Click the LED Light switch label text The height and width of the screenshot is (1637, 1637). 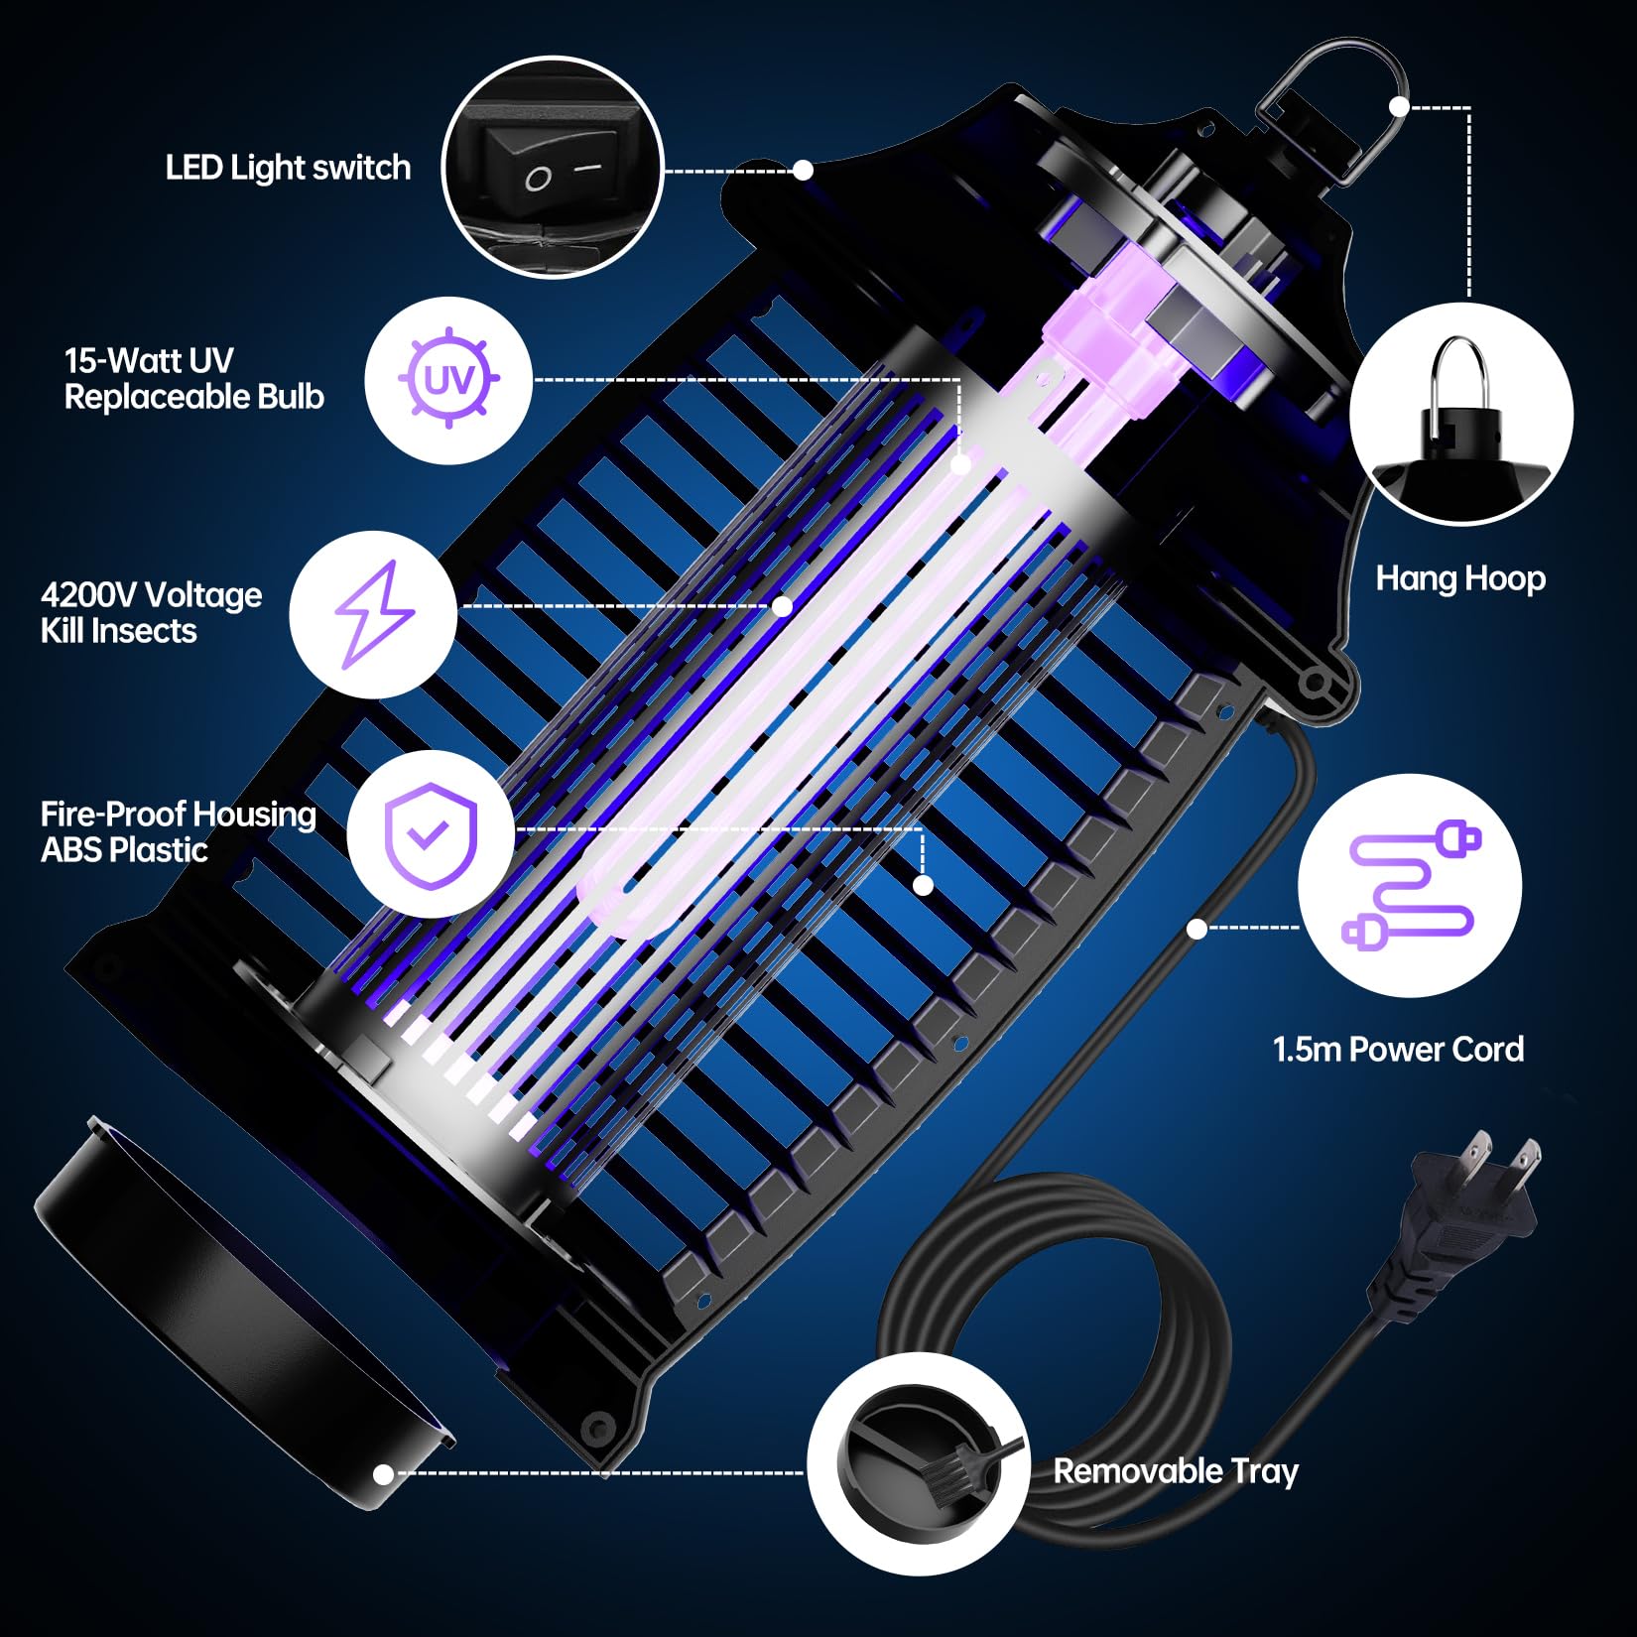pyautogui.click(x=288, y=168)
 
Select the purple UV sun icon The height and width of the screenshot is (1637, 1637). pyautogui.click(x=448, y=380)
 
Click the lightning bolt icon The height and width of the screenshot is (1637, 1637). pyautogui.click(x=373, y=614)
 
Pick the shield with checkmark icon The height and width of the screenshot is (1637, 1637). pyautogui.click(x=431, y=832)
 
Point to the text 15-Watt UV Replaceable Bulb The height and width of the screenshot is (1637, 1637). pyautogui.click(x=193, y=379)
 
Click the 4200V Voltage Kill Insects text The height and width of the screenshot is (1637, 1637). pyautogui.click(x=151, y=612)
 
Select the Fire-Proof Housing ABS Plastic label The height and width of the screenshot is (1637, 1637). pyautogui.click(x=178, y=831)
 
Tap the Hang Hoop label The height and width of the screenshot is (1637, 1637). pyautogui.click(x=1459, y=578)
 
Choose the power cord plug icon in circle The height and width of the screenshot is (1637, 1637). pyautogui.click(x=1410, y=885)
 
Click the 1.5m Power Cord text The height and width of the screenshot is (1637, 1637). pyautogui.click(x=1397, y=1050)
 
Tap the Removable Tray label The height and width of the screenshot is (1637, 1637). pyautogui.click(x=1175, y=1470)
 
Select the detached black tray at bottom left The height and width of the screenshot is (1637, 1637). pyautogui.click(x=238, y=1310)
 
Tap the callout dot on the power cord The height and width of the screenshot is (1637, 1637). pyautogui.click(x=1196, y=929)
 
